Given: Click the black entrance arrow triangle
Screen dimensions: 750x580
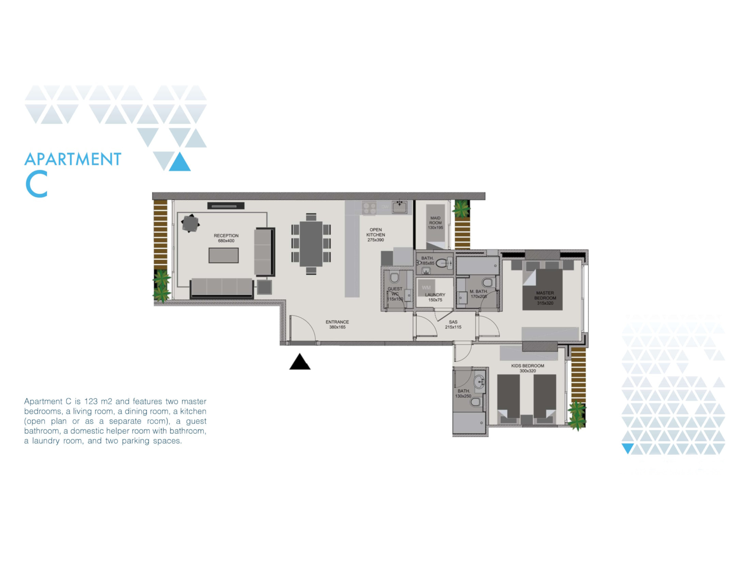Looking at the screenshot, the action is (300, 362).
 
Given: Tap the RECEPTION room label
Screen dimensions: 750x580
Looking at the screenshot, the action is (226, 238).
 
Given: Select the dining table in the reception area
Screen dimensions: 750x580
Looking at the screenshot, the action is (311, 244).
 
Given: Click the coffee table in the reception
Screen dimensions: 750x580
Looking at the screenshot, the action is (224, 255).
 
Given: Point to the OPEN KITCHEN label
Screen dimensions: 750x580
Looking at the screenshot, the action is (375, 235).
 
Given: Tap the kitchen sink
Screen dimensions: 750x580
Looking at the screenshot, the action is (400, 207).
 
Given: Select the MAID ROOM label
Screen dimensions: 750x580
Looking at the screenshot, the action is (435, 223).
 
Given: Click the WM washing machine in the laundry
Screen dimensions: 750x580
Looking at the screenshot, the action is (426, 288).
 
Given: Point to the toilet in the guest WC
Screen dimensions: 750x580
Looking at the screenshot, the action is (394, 277).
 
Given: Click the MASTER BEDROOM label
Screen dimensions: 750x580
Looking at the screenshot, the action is (545, 298).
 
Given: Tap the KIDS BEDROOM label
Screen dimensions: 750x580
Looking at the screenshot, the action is (527, 368).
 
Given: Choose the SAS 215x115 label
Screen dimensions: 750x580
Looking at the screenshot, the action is (453, 324).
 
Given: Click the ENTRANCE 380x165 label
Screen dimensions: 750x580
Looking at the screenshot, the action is (337, 324).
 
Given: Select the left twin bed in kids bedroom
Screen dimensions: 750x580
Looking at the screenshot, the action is (509, 398).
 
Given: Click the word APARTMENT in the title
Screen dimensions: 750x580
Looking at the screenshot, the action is (73, 159).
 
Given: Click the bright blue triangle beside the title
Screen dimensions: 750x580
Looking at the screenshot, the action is (179, 162).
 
